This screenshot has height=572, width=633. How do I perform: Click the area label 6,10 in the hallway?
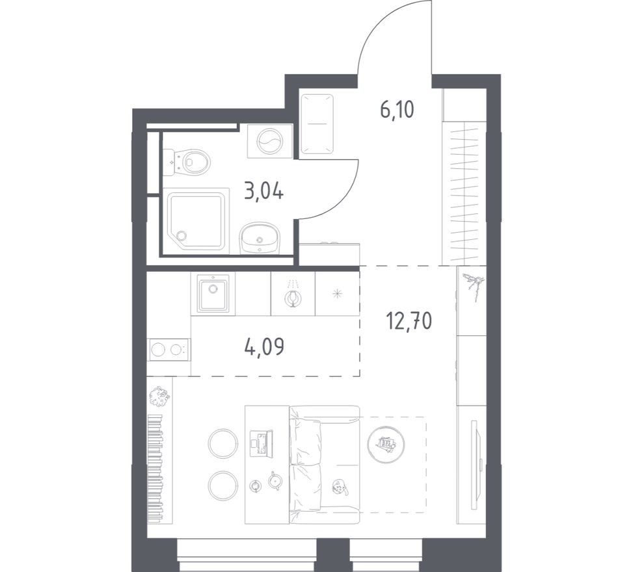coord(397,109)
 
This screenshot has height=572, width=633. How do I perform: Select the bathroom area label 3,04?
coord(264,191)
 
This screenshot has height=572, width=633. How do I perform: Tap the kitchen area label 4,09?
coord(264,346)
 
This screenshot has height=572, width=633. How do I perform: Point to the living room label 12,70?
coord(409,320)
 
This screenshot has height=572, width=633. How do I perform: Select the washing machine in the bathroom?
coord(270,141)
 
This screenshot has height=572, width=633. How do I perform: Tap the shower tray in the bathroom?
coord(196,220)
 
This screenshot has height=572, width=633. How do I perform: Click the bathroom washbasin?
coord(260,239)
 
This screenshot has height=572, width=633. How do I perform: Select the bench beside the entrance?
coord(317,124)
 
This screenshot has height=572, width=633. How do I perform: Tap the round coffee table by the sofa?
coord(386,444)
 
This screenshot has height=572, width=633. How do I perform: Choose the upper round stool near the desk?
coord(223,443)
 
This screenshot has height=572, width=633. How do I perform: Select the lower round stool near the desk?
coord(223,486)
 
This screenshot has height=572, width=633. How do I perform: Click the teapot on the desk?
coord(276,481)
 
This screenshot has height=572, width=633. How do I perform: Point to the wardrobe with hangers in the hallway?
coord(465,193)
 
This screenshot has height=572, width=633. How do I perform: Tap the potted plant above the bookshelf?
coord(159,396)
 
